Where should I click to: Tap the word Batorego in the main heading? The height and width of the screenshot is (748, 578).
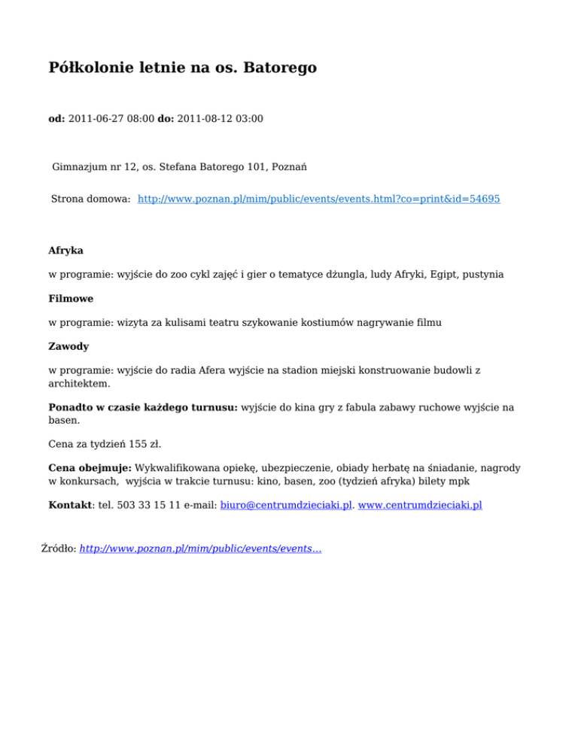[x=280, y=68]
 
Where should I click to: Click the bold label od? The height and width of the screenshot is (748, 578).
[x=56, y=118]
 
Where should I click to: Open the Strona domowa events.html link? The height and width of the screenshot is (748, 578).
[x=319, y=199]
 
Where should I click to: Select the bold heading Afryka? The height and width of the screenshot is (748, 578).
[x=65, y=250]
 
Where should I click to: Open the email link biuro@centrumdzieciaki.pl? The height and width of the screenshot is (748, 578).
[x=287, y=506]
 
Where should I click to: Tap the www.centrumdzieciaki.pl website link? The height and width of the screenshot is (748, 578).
[x=420, y=506]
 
